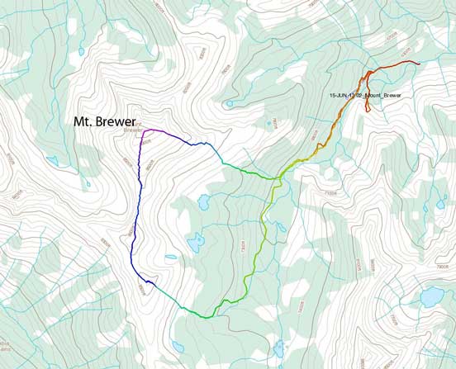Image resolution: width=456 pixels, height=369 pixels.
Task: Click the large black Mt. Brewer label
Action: [x=105, y=121]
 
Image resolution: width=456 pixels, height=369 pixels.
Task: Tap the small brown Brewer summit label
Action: [x=132, y=130]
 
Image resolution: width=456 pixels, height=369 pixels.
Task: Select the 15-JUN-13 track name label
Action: [x=364, y=96]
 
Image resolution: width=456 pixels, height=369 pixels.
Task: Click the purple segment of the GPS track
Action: [x=162, y=131]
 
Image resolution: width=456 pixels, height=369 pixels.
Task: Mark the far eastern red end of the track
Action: [x=419, y=63]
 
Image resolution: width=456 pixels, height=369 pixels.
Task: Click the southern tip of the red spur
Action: [x=368, y=111]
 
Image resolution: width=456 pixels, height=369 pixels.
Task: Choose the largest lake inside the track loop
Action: [x=197, y=242]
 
